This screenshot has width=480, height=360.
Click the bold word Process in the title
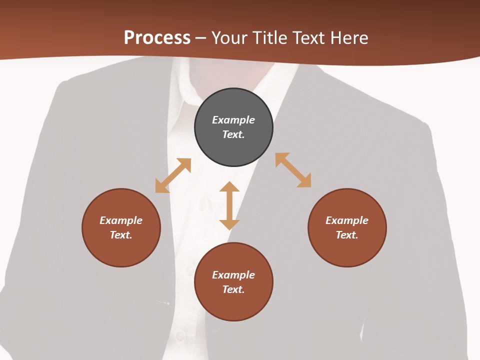[x=157, y=38]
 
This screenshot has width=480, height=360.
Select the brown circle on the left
[x=121, y=250]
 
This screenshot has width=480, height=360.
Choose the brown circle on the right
[x=347, y=250]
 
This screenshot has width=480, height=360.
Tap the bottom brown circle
[x=233, y=305]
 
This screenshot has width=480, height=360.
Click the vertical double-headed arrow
[x=229, y=205]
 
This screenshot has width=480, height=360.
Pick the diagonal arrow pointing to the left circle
[x=173, y=175]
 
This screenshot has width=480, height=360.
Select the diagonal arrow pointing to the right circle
[x=293, y=170]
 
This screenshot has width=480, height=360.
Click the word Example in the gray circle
[x=233, y=120]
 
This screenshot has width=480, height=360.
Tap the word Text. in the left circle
[x=121, y=235]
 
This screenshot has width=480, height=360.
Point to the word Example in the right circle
[x=347, y=220]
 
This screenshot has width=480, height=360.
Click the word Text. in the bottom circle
[x=233, y=289]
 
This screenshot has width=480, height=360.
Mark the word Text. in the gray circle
[x=233, y=134]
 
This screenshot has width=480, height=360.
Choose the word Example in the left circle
[x=121, y=220]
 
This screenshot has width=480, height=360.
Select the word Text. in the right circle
[x=347, y=235]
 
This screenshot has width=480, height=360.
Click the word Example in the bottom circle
[x=233, y=275]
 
